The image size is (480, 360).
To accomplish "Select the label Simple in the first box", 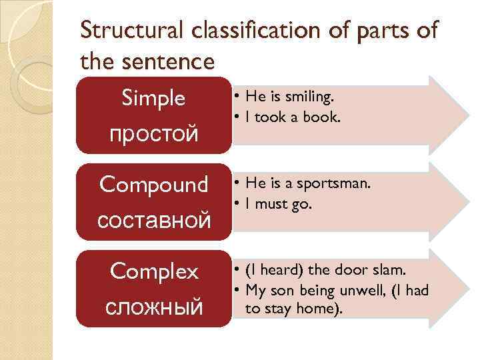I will click(153, 99).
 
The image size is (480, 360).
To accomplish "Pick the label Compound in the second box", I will click(153, 185).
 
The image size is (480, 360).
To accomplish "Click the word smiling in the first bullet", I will click(309, 97).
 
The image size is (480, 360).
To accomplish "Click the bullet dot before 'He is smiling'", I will click(237, 98).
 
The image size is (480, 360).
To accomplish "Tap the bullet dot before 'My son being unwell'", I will click(237, 290).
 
